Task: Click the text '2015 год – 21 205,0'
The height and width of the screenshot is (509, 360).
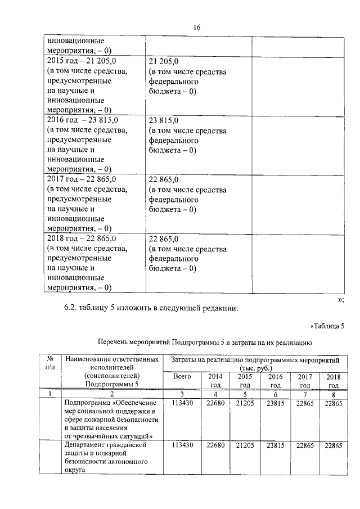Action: pyautogui.click(x=80, y=61)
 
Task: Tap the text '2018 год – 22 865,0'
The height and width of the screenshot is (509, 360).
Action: pyautogui.click(x=81, y=238)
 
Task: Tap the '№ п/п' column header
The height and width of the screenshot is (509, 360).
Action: pyautogui.click(x=49, y=363)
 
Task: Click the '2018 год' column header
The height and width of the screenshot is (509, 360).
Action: pyautogui.click(x=334, y=381)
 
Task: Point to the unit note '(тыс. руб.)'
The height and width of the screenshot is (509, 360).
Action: pyautogui.click(x=254, y=368)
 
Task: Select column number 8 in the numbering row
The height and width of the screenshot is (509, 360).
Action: pyautogui.click(x=334, y=394)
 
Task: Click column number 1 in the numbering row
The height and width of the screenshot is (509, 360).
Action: pyautogui.click(x=49, y=394)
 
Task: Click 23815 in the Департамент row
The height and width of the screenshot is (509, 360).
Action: pyautogui.click(x=275, y=445)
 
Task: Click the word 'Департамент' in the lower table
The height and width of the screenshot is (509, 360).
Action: pyautogui.click(x=88, y=445)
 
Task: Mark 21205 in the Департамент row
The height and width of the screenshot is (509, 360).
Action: pyautogui.click(x=245, y=445)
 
